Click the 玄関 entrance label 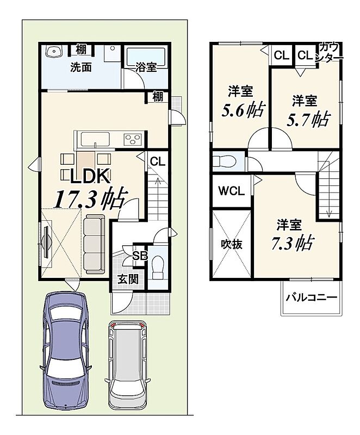coord(128,279)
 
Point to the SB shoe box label coord(140,256)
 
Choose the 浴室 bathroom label coord(146,67)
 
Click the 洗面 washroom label coord(80,67)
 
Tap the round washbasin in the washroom coord(53,51)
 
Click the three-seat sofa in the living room coord(95,243)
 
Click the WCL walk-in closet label coord(232,191)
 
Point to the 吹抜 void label coord(232,244)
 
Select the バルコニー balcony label coord(312,297)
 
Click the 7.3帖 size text coord(293,243)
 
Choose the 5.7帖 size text coord(308,119)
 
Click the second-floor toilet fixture coord(224,161)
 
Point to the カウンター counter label coord(330,52)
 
